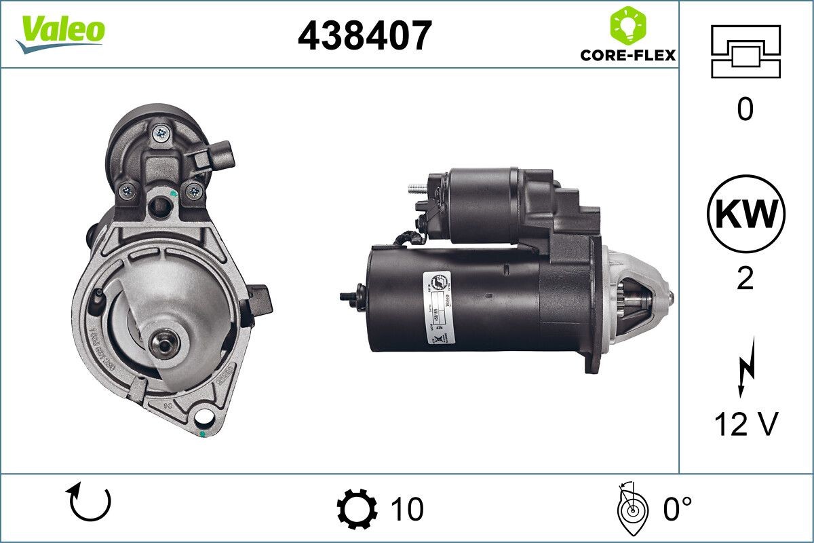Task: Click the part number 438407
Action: tap(364, 35)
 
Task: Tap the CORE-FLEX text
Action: tap(627, 54)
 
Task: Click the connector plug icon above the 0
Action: tap(745, 51)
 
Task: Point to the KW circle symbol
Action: tap(745, 214)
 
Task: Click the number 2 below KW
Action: tap(745, 278)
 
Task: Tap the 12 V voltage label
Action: tap(745, 425)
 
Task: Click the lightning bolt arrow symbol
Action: tap(745, 370)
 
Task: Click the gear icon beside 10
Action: tap(357, 508)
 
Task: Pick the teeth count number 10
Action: tap(407, 508)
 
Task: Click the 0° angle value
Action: tap(678, 508)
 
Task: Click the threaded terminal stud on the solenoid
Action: tap(416, 189)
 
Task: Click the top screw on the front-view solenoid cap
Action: tap(161, 133)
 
